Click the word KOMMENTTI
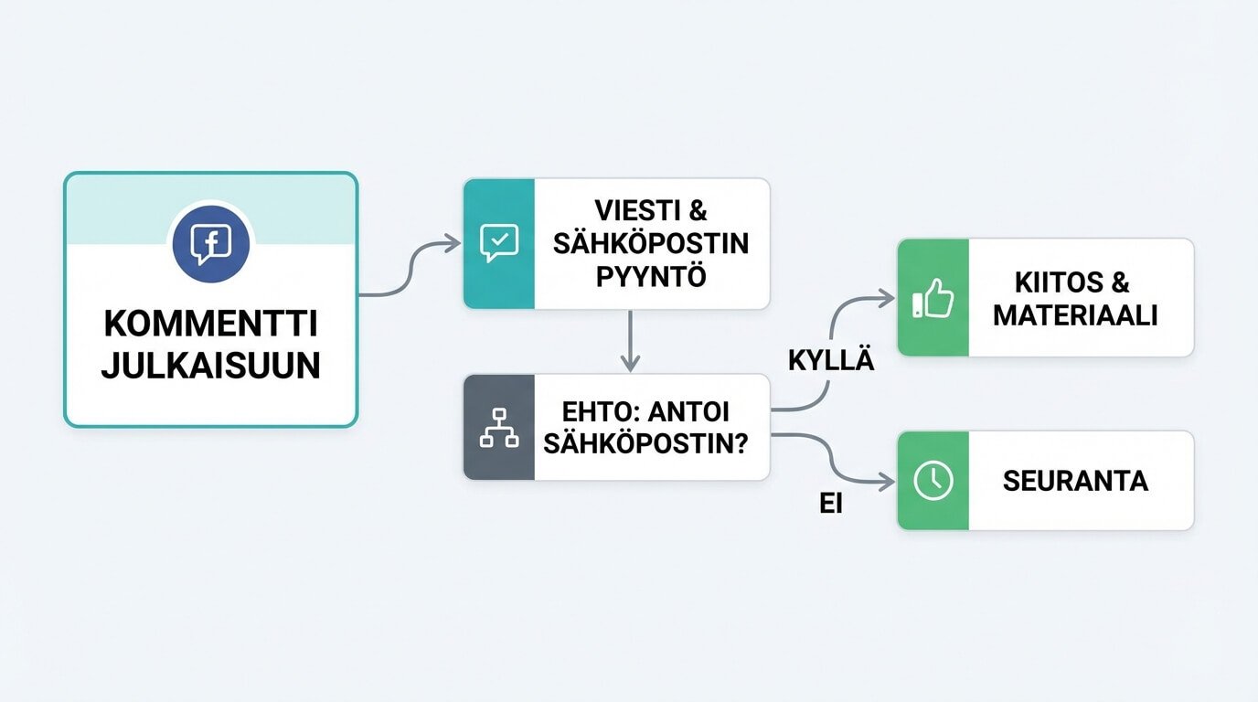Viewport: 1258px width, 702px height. point(210,324)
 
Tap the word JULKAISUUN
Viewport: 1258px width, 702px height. point(210,366)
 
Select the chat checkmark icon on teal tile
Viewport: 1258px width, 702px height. point(498,243)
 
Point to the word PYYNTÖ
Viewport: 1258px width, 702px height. point(651,276)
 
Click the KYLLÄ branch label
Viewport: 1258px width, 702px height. point(830,361)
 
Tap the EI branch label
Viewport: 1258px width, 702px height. point(830,504)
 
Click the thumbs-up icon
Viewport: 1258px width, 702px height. point(933,298)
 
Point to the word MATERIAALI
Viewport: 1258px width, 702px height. point(1075,315)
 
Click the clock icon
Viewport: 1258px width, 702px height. point(933,481)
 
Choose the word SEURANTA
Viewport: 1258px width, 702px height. point(1075,481)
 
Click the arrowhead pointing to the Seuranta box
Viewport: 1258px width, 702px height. point(885,481)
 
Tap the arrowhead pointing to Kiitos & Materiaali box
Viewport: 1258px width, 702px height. point(885,296)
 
